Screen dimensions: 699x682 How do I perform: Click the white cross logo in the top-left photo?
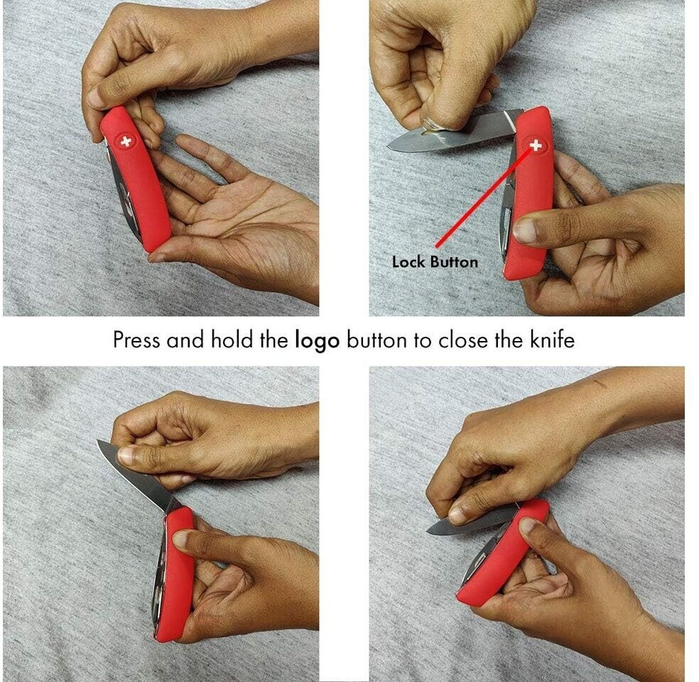[x=126, y=142]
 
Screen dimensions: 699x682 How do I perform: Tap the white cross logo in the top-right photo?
[x=536, y=146]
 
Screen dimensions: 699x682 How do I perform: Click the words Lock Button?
[x=435, y=261]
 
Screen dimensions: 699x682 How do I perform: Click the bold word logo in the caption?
[x=317, y=341]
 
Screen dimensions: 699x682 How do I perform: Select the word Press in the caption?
[x=136, y=340]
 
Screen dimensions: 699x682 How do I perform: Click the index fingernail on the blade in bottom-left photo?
[x=124, y=455]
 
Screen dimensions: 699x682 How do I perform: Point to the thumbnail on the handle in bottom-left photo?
[x=181, y=539]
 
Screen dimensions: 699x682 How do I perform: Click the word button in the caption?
[x=376, y=340]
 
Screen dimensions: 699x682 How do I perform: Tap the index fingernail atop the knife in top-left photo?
[x=95, y=98]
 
